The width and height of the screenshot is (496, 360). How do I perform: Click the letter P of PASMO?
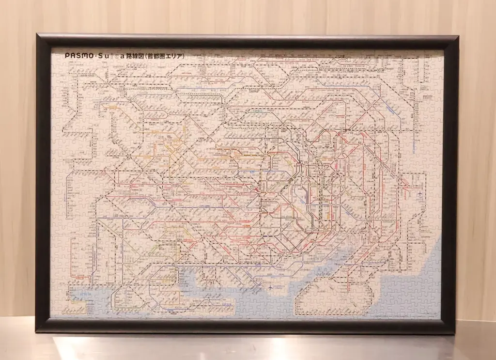pos(67,56)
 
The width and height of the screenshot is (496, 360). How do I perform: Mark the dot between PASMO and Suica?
pos(95,56)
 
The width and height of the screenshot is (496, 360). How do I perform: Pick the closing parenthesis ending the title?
pos(185,56)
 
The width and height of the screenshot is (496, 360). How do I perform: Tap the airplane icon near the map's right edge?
pos(417,195)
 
